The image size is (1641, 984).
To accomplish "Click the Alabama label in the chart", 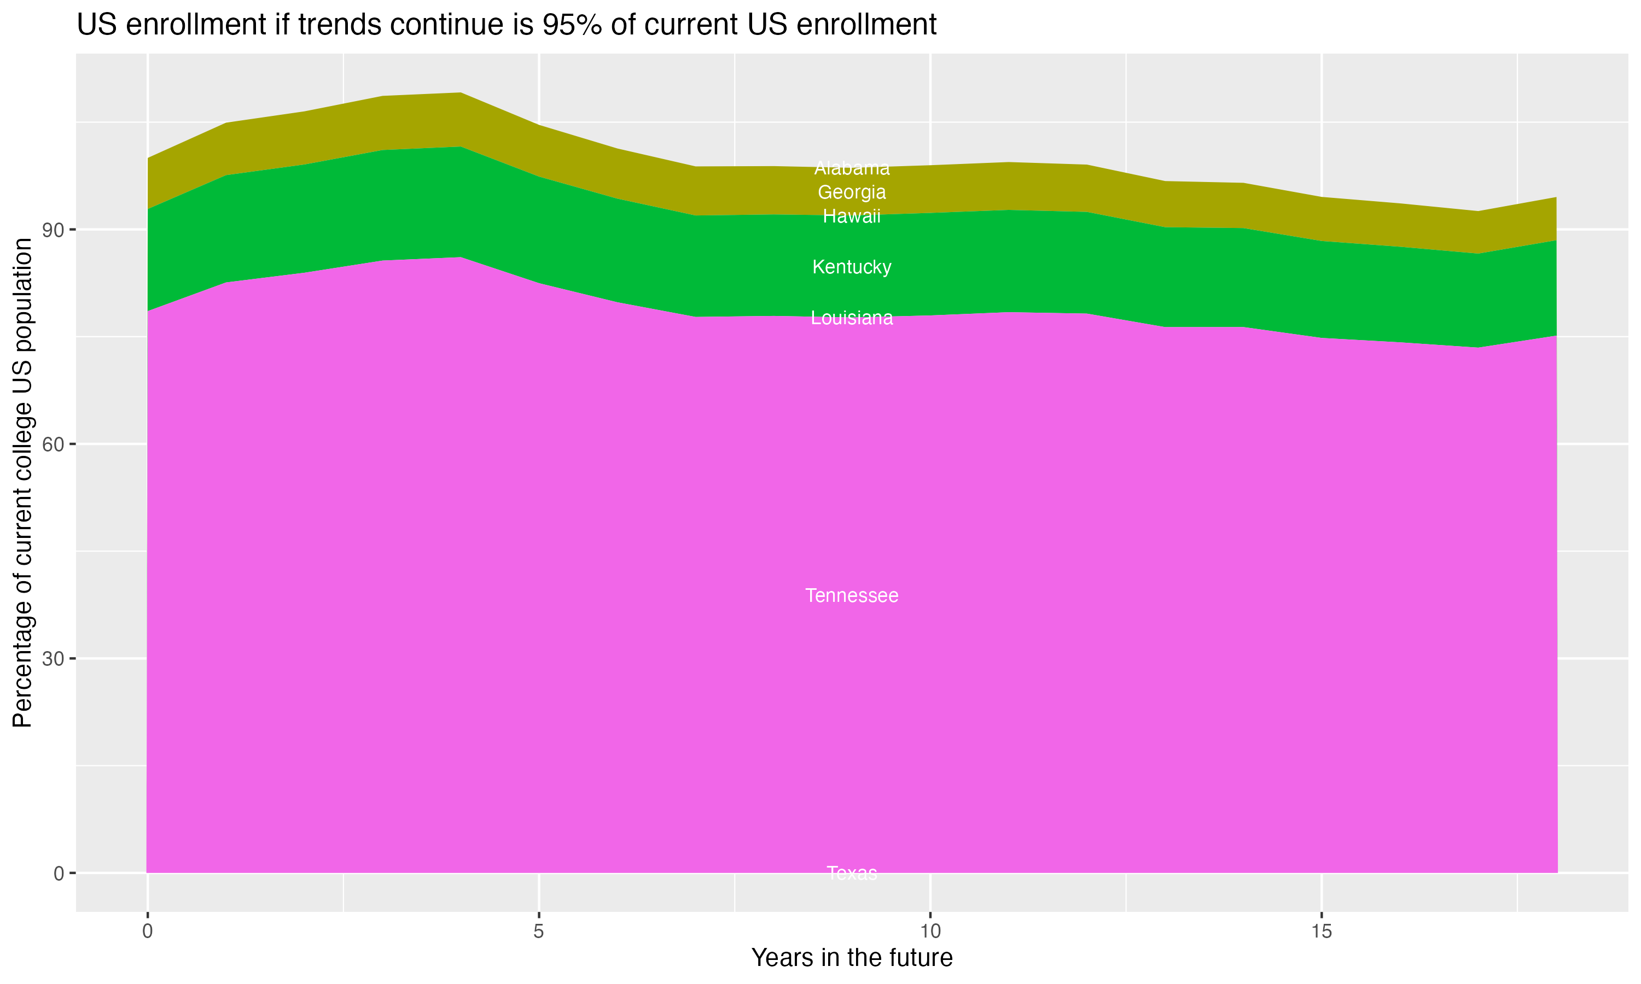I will click(852, 168).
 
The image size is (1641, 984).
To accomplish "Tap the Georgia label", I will click(852, 192).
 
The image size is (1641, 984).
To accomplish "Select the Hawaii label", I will click(852, 216).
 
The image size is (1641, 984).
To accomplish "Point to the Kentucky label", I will click(852, 267).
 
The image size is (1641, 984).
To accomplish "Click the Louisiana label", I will click(852, 318).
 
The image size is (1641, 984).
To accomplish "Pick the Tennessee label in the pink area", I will click(852, 595).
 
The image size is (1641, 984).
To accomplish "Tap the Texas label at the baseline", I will click(852, 872).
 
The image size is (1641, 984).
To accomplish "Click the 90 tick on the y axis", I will click(53, 230).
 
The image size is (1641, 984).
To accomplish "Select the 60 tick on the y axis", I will click(53, 444).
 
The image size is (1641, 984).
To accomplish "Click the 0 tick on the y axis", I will click(59, 873).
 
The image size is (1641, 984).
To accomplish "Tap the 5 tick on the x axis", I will click(539, 932).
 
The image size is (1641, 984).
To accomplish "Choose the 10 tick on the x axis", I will click(930, 932).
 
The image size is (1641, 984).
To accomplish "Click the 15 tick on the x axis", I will click(1322, 932).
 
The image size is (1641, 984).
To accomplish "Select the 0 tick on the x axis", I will click(147, 932).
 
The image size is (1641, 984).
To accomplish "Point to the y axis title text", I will click(22, 483).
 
